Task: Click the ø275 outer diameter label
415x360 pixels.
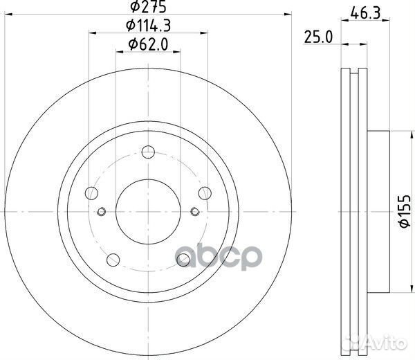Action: coord(148,8)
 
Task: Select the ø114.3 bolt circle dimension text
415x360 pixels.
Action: coord(148,27)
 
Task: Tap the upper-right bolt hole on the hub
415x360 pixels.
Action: coord(205,194)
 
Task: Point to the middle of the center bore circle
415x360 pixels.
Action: coord(148,212)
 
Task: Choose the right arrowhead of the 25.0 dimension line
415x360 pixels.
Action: coord(367,44)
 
